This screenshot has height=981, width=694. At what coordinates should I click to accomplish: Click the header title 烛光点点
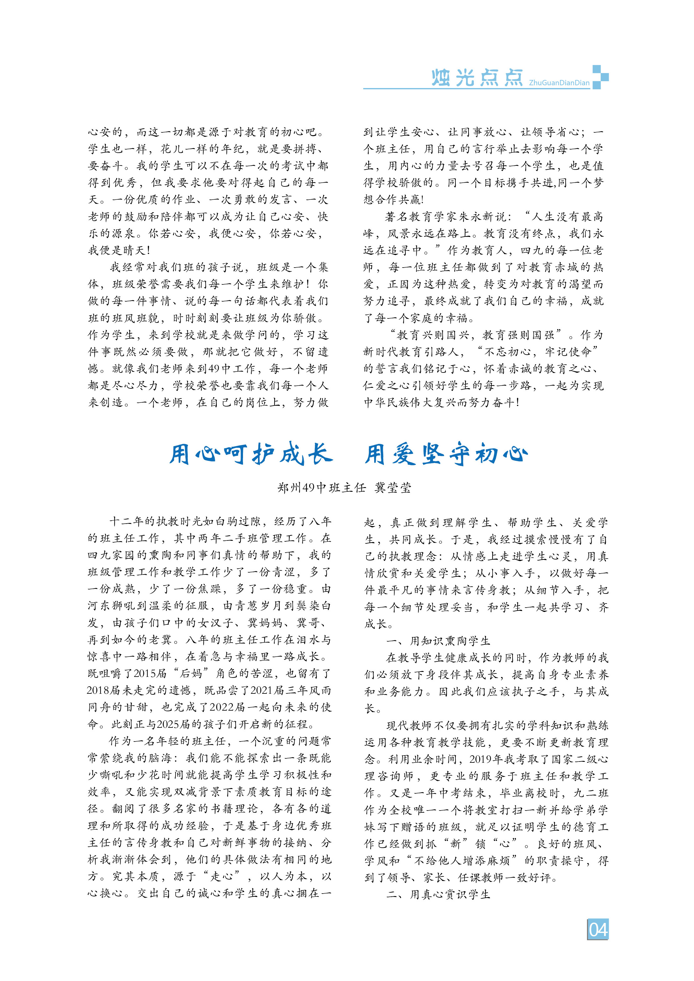click(477, 78)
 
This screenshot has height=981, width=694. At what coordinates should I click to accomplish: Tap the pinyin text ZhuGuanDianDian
click(559, 83)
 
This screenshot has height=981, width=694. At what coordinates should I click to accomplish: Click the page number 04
click(597, 929)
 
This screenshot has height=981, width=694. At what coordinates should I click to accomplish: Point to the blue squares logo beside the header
click(600, 77)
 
